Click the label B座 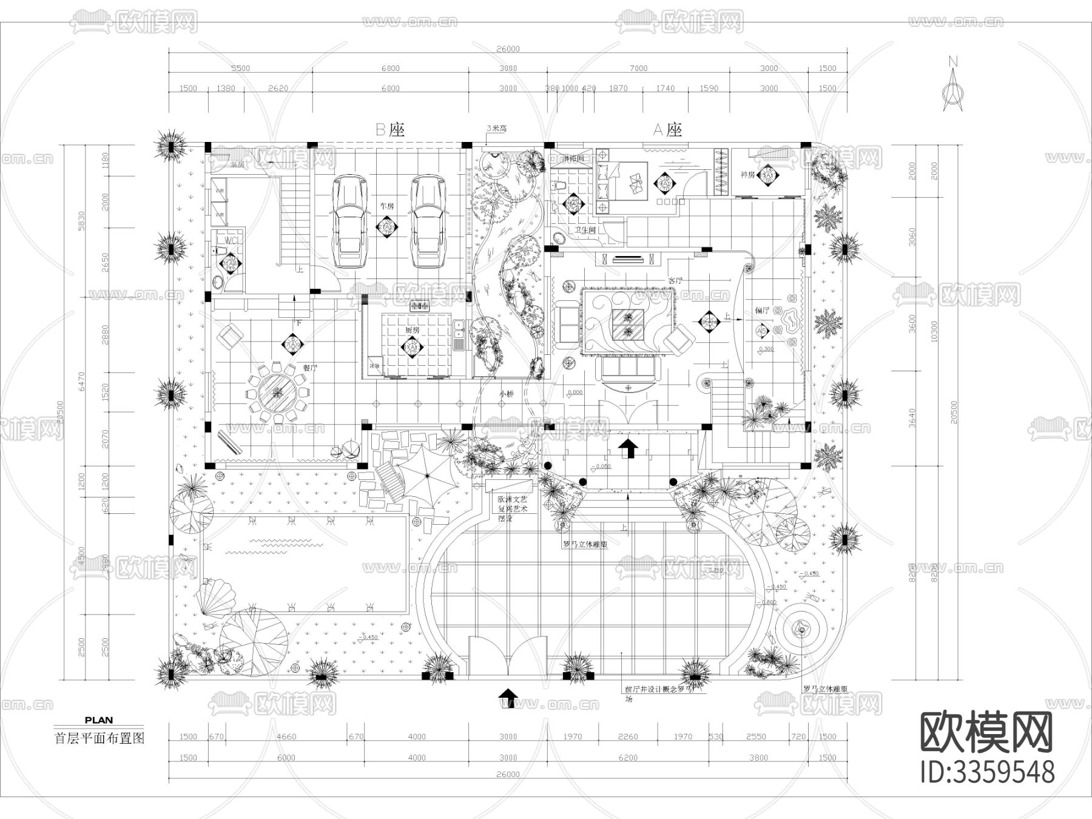pos(389,129)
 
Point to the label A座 pos(667,129)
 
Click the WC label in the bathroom pos(232,241)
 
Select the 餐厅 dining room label pos(310,367)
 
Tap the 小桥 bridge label pos(507,394)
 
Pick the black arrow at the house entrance pos(629,448)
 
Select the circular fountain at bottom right pos(801,631)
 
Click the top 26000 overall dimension pos(508,49)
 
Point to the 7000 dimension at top pos(638,69)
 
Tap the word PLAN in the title pos(98,721)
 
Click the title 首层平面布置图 pos(99,738)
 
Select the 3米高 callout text pos(496,129)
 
